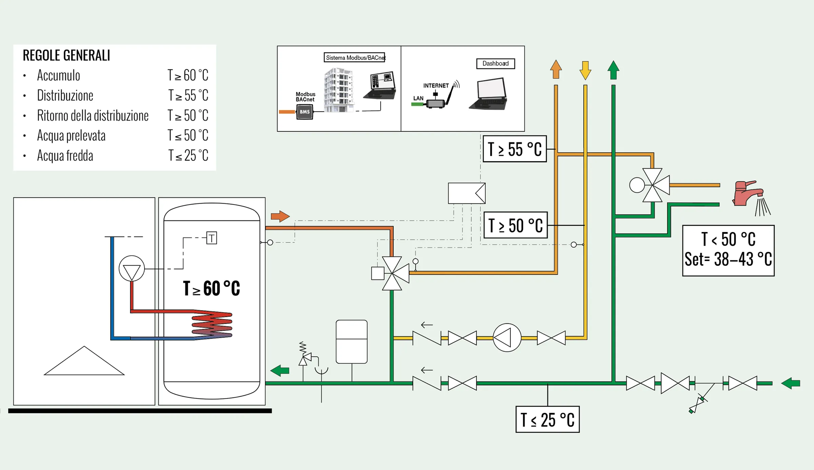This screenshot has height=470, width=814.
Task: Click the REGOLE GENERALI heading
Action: pyautogui.click(x=66, y=56)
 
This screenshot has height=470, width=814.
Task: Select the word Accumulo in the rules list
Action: pyautogui.click(x=58, y=75)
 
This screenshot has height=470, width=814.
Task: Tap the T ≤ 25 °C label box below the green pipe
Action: pyautogui.click(x=547, y=419)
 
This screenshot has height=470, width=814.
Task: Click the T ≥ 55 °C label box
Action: pyautogui.click(x=514, y=149)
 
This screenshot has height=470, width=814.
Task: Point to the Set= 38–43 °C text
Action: pyautogui.click(x=728, y=260)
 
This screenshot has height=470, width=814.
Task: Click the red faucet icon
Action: pyautogui.click(x=748, y=193)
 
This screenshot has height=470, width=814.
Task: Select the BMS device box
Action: pyautogui.click(x=304, y=112)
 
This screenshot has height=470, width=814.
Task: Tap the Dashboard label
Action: pyautogui.click(x=495, y=63)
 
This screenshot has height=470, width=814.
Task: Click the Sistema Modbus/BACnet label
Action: pyautogui.click(x=354, y=58)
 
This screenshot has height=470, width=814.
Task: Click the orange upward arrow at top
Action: pyautogui.click(x=556, y=70)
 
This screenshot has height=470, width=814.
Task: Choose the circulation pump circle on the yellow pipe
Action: pyautogui.click(x=507, y=338)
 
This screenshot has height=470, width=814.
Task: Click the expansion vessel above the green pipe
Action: pyautogui.click(x=351, y=341)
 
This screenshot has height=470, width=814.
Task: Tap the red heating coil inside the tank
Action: pyautogui.click(x=212, y=325)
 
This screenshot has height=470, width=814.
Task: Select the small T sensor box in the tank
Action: pyautogui.click(x=212, y=238)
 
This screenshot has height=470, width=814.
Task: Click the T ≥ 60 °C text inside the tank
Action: pyautogui.click(x=211, y=288)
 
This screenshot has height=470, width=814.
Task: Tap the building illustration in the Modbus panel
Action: pyautogui.click(x=338, y=90)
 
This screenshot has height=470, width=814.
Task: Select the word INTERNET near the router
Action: pyautogui.click(x=435, y=86)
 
